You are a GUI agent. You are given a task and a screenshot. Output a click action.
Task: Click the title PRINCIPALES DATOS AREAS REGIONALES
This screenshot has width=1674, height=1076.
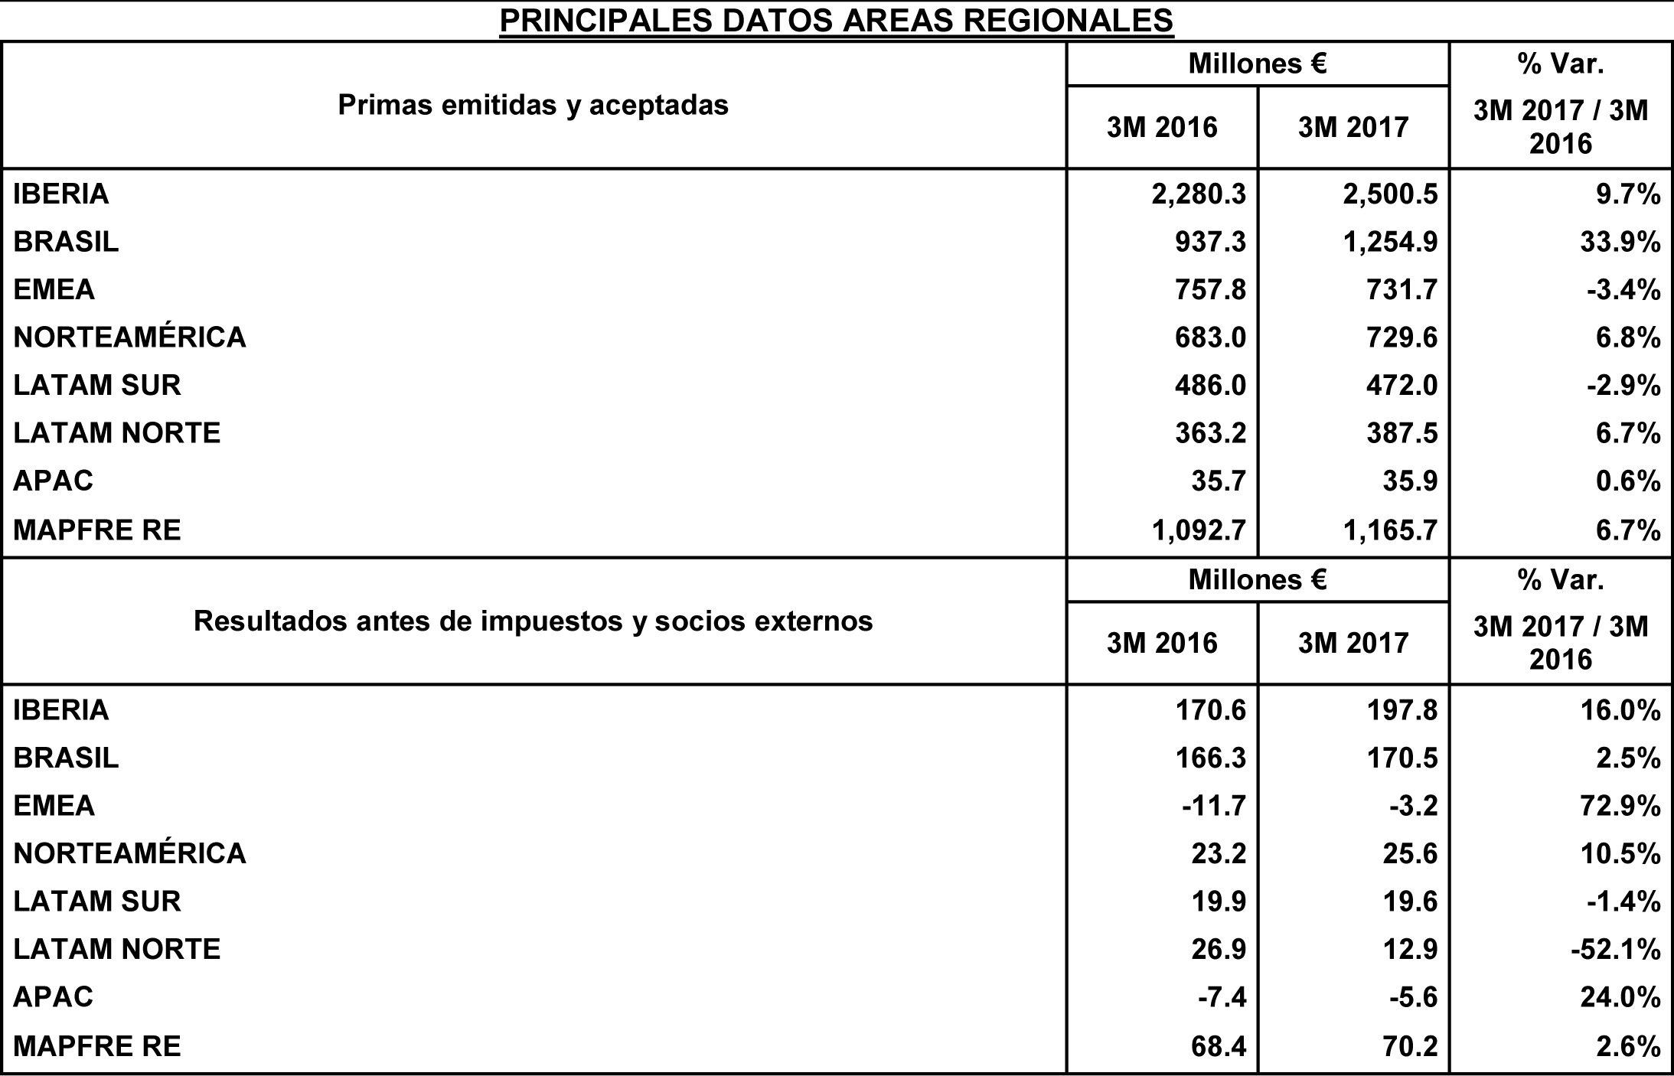point(836,21)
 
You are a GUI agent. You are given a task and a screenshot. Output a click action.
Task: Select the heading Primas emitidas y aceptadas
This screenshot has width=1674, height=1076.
point(533,105)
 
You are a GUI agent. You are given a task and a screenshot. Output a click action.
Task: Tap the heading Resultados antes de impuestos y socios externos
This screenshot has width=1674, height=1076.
point(533,621)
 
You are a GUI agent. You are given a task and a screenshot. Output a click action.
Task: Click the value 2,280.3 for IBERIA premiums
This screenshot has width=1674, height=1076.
point(1199,194)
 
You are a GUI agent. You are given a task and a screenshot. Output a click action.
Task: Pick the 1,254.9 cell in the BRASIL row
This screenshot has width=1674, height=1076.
point(1390,242)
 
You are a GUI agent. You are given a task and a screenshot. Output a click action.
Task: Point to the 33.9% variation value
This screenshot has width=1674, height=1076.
point(1620,242)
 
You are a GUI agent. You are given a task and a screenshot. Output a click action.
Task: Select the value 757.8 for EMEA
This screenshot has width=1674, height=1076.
point(1210,290)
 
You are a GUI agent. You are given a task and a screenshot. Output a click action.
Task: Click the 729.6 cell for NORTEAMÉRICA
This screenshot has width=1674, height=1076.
point(1402,337)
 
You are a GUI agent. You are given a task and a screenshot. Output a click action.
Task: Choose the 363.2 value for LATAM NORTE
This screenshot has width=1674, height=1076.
point(1210,433)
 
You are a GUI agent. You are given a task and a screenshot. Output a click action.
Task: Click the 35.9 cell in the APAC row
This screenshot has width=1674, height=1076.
point(1412,481)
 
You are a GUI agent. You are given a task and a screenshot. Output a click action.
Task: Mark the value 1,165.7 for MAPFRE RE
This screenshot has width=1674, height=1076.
point(1390,530)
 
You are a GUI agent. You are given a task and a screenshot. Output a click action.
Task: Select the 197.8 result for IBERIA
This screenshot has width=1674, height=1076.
point(1402,710)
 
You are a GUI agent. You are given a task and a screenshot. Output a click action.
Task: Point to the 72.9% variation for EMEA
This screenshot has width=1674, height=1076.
point(1620,806)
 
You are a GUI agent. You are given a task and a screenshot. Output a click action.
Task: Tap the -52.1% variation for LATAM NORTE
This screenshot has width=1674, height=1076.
point(1615,950)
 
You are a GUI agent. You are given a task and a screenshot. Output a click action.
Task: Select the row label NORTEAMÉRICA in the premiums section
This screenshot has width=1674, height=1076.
point(129,337)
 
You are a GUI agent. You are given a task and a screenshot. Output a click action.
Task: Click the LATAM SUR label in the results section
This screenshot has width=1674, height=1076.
point(97,902)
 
